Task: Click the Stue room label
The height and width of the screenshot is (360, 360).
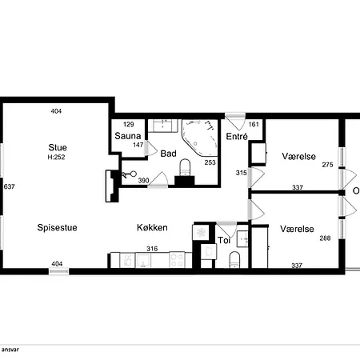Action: coord(56,147)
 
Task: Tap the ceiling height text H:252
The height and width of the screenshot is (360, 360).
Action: coord(56,158)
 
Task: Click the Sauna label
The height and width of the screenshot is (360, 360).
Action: coord(128,137)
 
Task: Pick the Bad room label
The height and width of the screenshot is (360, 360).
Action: coord(168,153)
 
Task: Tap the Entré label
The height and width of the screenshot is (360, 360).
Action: coord(236,138)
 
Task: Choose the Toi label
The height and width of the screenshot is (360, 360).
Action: coord(225,239)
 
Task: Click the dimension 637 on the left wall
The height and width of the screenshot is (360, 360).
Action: coord(10,187)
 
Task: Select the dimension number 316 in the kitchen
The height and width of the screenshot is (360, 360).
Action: coord(152,249)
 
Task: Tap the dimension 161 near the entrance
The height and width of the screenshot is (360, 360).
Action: coord(254,125)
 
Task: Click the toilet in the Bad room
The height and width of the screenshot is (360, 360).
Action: coord(184,167)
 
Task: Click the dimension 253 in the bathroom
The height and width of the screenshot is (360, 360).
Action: coord(210,162)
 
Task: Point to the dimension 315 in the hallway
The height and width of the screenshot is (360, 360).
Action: coord(241,173)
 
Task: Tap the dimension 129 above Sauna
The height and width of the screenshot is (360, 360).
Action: coord(128,125)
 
